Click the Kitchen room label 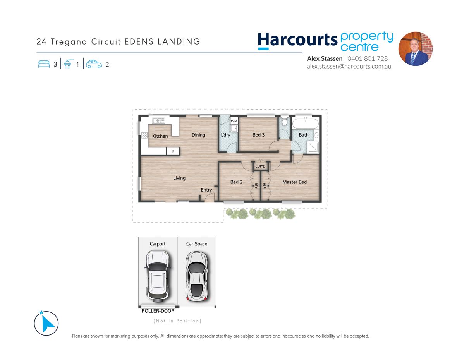click(160, 136)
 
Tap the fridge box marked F click(173, 151)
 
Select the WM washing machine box click(234, 121)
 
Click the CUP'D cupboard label click(260, 166)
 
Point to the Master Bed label click(294, 182)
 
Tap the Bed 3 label click(258, 135)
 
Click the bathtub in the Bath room click(305, 123)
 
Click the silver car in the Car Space click(197, 276)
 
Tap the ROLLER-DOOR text click(158, 311)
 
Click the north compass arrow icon click(46, 323)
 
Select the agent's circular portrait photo click(415, 49)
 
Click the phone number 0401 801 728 click(368, 58)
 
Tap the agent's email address click(349, 67)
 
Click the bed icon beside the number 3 click(44, 64)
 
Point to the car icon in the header click(94, 64)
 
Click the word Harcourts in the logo click(297, 40)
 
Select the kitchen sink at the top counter click(159, 121)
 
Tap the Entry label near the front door click(206, 190)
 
